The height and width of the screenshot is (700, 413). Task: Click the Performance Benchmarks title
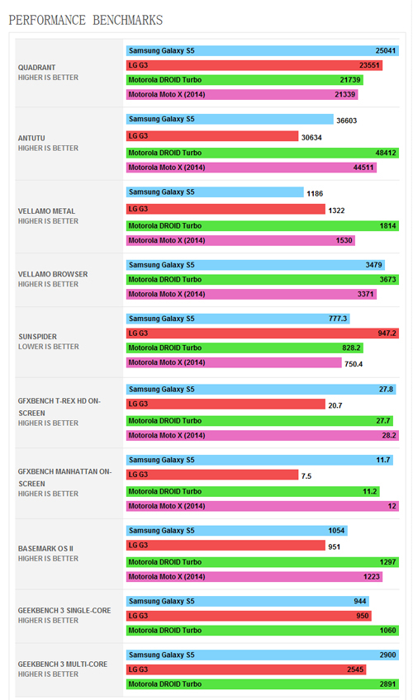[x=86, y=20]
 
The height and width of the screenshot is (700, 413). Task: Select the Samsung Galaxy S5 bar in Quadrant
[x=263, y=51]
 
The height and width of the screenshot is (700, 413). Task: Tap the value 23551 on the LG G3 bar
[x=369, y=66]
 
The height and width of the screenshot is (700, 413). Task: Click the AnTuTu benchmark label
[x=31, y=139]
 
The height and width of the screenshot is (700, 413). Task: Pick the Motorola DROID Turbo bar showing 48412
[x=263, y=153]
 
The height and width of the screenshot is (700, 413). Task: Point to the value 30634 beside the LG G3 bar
[x=311, y=138]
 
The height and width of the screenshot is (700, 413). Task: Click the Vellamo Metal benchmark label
[x=46, y=211]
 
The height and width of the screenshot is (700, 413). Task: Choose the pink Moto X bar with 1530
[x=240, y=241]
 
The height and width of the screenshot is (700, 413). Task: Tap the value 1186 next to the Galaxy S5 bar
[x=315, y=194]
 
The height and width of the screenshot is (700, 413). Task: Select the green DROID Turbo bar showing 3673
[x=263, y=280]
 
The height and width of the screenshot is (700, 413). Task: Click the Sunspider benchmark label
[x=37, y=337]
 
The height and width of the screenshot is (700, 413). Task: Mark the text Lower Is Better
[x=48, y=347]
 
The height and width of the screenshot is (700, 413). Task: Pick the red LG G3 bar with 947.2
[x=263, y=333]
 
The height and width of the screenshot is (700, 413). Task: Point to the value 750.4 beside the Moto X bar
[x=354, y=364]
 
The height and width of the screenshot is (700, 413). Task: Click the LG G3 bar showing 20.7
[x=225, y=404]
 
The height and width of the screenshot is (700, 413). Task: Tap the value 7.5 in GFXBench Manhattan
[x=306, y=476]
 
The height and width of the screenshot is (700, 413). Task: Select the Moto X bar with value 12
[x=263, y=506]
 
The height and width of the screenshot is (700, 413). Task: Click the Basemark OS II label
[x=45, y=549]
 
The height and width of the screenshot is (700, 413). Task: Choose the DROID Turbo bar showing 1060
[x=263, y=631]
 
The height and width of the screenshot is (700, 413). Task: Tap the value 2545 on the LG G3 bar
[x=355, y=669]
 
